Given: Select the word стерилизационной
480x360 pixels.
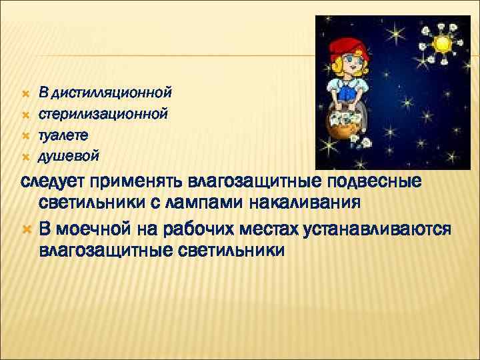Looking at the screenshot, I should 103,113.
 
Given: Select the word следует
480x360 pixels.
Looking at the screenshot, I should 53,182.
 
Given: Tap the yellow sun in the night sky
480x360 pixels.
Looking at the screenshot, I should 442,44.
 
